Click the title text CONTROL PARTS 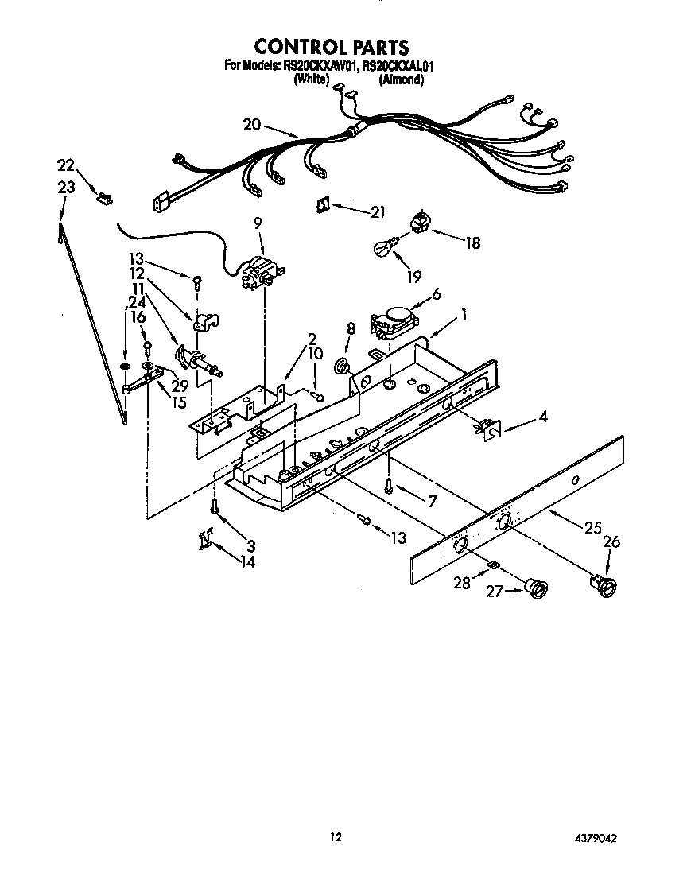coord(332,47)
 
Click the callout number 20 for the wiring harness coord(252,124)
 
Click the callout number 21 coord(377,211)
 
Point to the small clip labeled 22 coord(102,194)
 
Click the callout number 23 coord(66,188)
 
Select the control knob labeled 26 coord(606,587)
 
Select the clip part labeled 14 coord(205,541)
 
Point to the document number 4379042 coord(592,838)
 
